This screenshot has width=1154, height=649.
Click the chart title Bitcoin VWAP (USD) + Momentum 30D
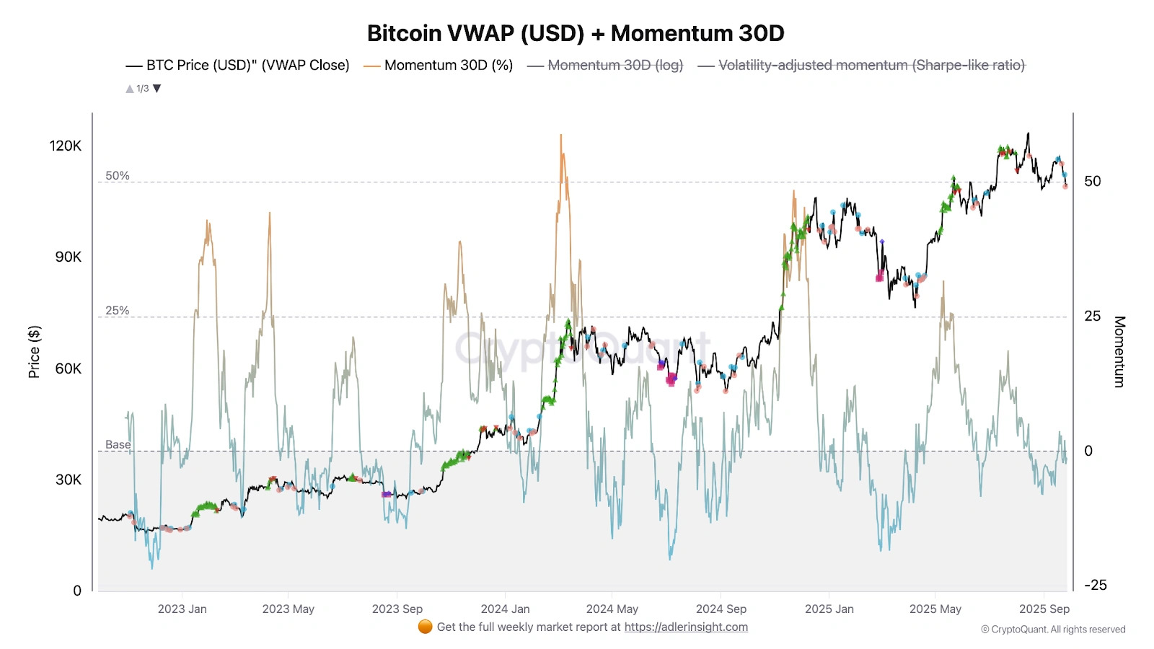point(576,33)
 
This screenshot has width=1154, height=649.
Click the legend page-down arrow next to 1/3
point(157,89)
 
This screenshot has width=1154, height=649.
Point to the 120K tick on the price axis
point(66,146)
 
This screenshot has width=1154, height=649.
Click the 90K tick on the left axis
point(69,257)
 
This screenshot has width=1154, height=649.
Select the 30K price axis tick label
point(69,480)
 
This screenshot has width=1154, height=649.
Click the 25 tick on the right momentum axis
point(1093,317)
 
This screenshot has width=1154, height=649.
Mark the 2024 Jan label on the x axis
point(505,609)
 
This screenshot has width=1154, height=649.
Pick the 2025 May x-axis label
point(935,609)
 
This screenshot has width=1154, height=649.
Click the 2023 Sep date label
point(397,609)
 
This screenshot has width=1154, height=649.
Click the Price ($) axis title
point(34,352)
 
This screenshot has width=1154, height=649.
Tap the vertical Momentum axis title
point(1119,352)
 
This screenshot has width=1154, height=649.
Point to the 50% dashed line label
point(118,176)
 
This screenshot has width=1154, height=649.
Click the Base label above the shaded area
point(118,445)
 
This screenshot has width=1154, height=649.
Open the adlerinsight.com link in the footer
point(686,627)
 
